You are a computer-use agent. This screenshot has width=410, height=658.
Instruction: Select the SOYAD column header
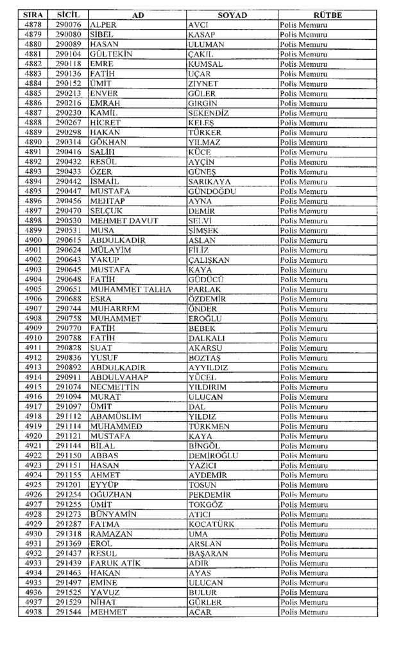232,15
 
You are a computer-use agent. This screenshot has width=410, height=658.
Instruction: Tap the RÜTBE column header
327,15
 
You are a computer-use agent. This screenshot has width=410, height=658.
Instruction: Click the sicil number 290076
68,24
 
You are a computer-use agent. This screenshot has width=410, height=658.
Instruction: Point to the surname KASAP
201,34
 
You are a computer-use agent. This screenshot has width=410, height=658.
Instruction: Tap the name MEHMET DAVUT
121,220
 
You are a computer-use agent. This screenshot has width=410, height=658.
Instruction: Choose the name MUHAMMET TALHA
131,289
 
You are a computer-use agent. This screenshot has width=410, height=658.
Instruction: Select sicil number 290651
68,289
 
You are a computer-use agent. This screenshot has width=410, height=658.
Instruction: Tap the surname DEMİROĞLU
214,456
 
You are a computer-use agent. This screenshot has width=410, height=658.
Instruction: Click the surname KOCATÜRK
212,524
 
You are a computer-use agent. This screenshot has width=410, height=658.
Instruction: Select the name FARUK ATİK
116,564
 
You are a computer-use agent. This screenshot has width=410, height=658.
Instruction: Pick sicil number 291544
68,612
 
